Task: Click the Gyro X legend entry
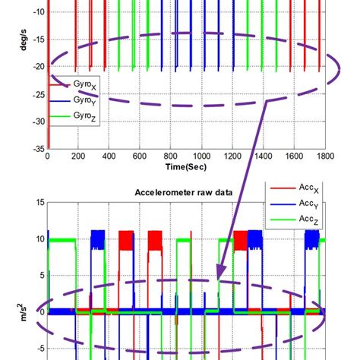pos(72,85)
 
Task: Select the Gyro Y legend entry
pos(72,101)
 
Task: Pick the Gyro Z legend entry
pos(72,116)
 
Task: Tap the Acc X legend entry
pos(295,188)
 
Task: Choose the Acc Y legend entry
pos(295,204)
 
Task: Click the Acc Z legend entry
pos(295,219)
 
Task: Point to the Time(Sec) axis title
pos(186,167)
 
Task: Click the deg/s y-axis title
pos(24,40)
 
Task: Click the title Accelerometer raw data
pos(184,192)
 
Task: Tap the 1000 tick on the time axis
pos(201,156)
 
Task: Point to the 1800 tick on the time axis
pos(325,156)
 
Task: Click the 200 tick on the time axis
pos(78,156)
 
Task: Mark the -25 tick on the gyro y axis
pos(39,94)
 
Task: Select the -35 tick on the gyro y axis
pos(39,149)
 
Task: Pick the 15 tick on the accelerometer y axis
pos(40,202)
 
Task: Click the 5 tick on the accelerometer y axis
pos(43,276)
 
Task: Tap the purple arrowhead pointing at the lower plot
pos(220,272)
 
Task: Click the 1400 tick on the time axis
pos(264,156)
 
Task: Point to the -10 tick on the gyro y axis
pos(39,12)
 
